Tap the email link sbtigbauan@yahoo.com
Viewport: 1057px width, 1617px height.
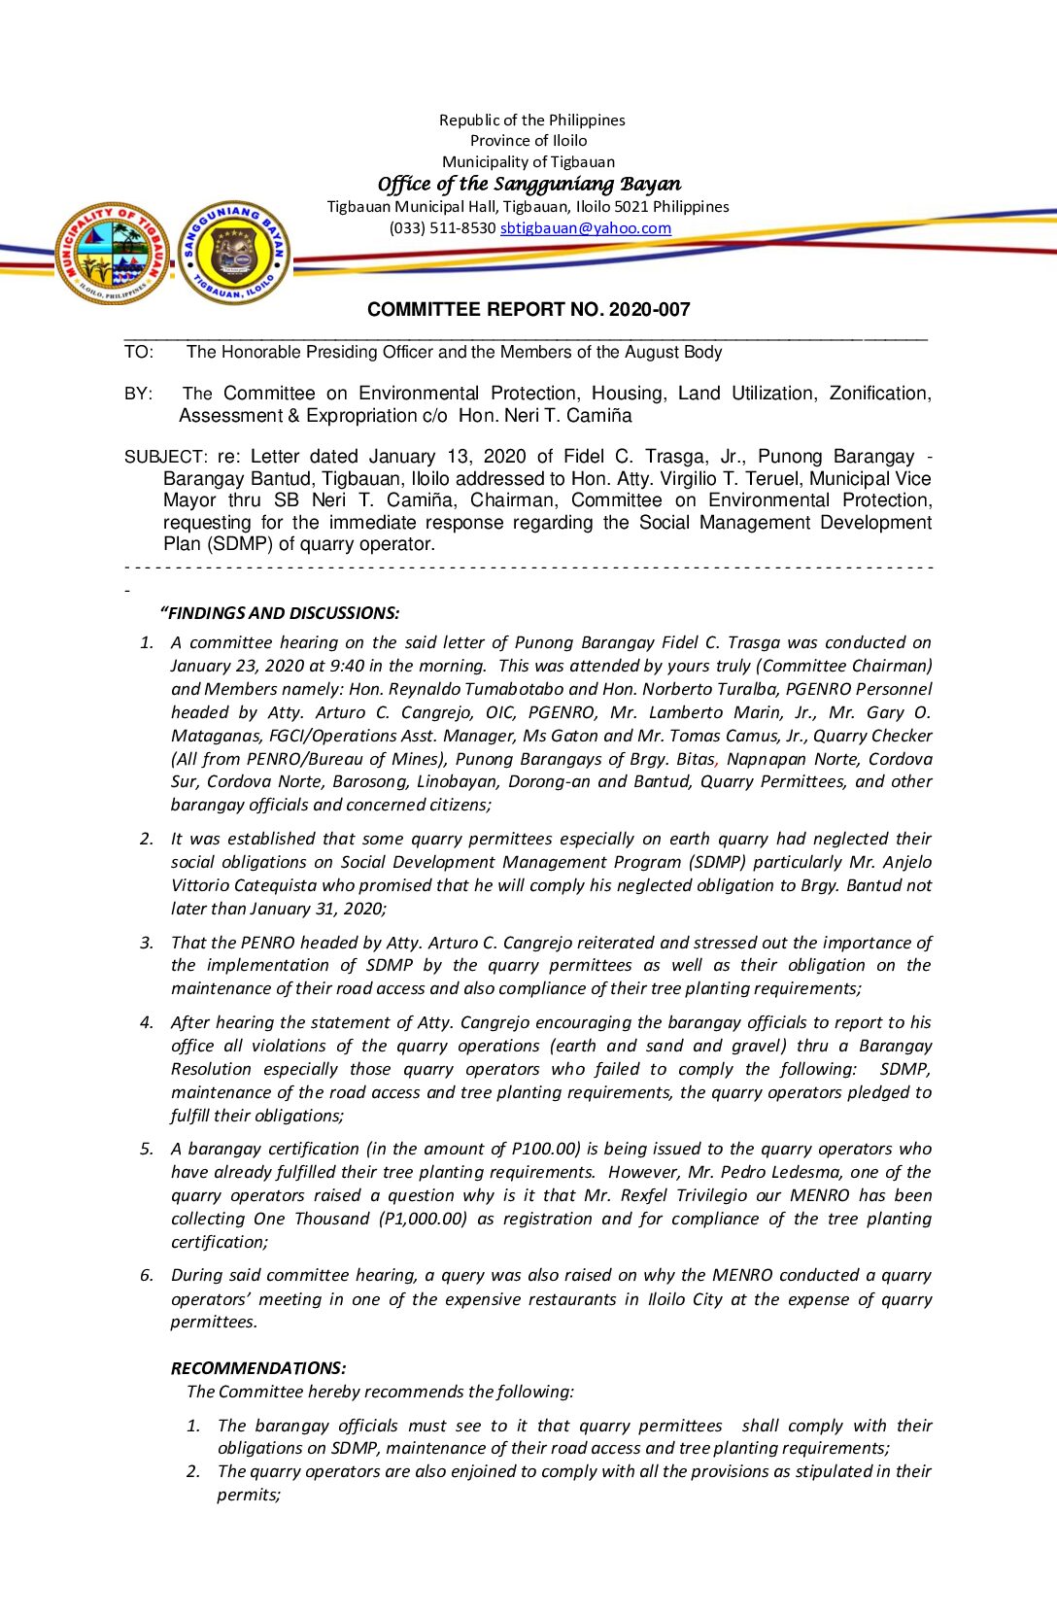pos(585,228)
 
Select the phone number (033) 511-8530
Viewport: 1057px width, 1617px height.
pos(442,228)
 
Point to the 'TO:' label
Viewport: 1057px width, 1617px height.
pos(138,352)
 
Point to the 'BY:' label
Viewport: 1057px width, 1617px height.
pos(138,394)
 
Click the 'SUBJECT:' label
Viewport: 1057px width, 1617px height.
pos(165,457)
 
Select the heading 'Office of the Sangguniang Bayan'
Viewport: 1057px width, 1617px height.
pos(529,184)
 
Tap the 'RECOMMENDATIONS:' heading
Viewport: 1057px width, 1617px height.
pos(258,1368)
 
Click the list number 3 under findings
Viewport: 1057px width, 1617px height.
pos(147,943)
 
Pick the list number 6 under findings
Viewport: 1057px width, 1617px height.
pos(147,1275)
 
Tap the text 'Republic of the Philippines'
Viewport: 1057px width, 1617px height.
pos(531,120)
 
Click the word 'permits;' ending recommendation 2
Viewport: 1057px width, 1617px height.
pos(249,1495)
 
